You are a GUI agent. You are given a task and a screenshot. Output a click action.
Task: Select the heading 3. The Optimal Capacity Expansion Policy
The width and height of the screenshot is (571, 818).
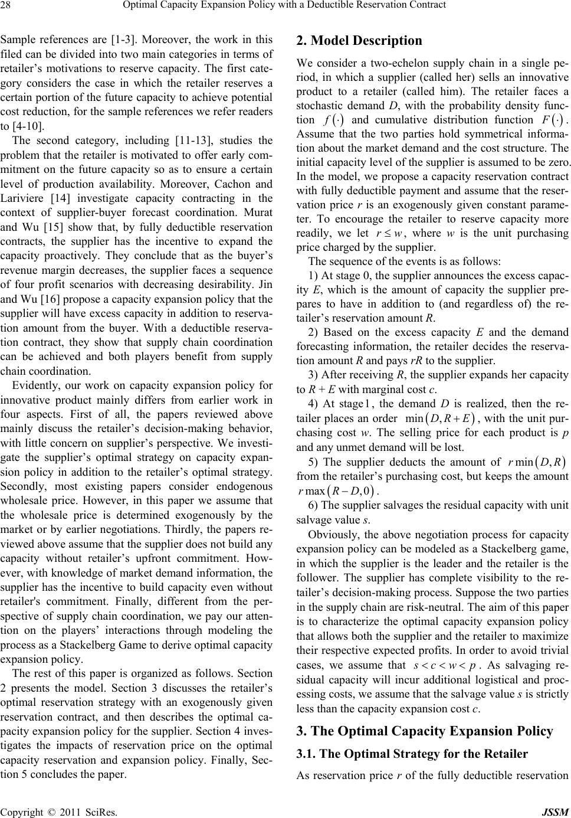point(425,731)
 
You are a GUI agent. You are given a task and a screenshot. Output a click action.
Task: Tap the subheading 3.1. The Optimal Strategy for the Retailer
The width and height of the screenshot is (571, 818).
point(412,754)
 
